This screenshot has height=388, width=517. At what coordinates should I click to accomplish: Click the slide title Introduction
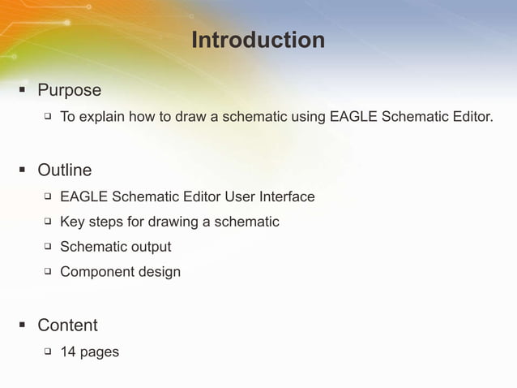click(x=258, y=40)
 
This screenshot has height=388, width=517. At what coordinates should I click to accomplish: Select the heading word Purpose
click(x=69, y=90)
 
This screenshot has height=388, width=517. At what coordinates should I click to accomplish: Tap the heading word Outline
click(x=64, y=170)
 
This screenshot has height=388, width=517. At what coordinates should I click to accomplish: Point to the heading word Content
click(x=67, y=325)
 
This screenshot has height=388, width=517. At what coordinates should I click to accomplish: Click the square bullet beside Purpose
click(x=23, y=90)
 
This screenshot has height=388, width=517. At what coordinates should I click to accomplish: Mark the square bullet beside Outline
click(x=23, y=170)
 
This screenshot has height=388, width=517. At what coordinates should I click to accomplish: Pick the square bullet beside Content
click(x=23, y=325)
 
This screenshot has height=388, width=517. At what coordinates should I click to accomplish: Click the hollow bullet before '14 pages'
click(x=47, y=352)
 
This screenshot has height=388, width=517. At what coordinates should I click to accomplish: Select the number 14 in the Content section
click(x=68, y=352)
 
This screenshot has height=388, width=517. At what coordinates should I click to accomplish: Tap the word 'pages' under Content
click(x=100, y=352)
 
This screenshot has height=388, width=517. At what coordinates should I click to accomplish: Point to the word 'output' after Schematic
click(x=152, y=247)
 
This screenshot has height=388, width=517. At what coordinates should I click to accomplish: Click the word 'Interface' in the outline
click(x=287, y=196)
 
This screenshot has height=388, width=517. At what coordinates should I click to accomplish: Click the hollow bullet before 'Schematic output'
click(x=47, y=246)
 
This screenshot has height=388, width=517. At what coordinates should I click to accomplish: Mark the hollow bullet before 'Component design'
click(x=47, y=271)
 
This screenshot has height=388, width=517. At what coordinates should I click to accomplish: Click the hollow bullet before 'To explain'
click(x=47, y=117)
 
